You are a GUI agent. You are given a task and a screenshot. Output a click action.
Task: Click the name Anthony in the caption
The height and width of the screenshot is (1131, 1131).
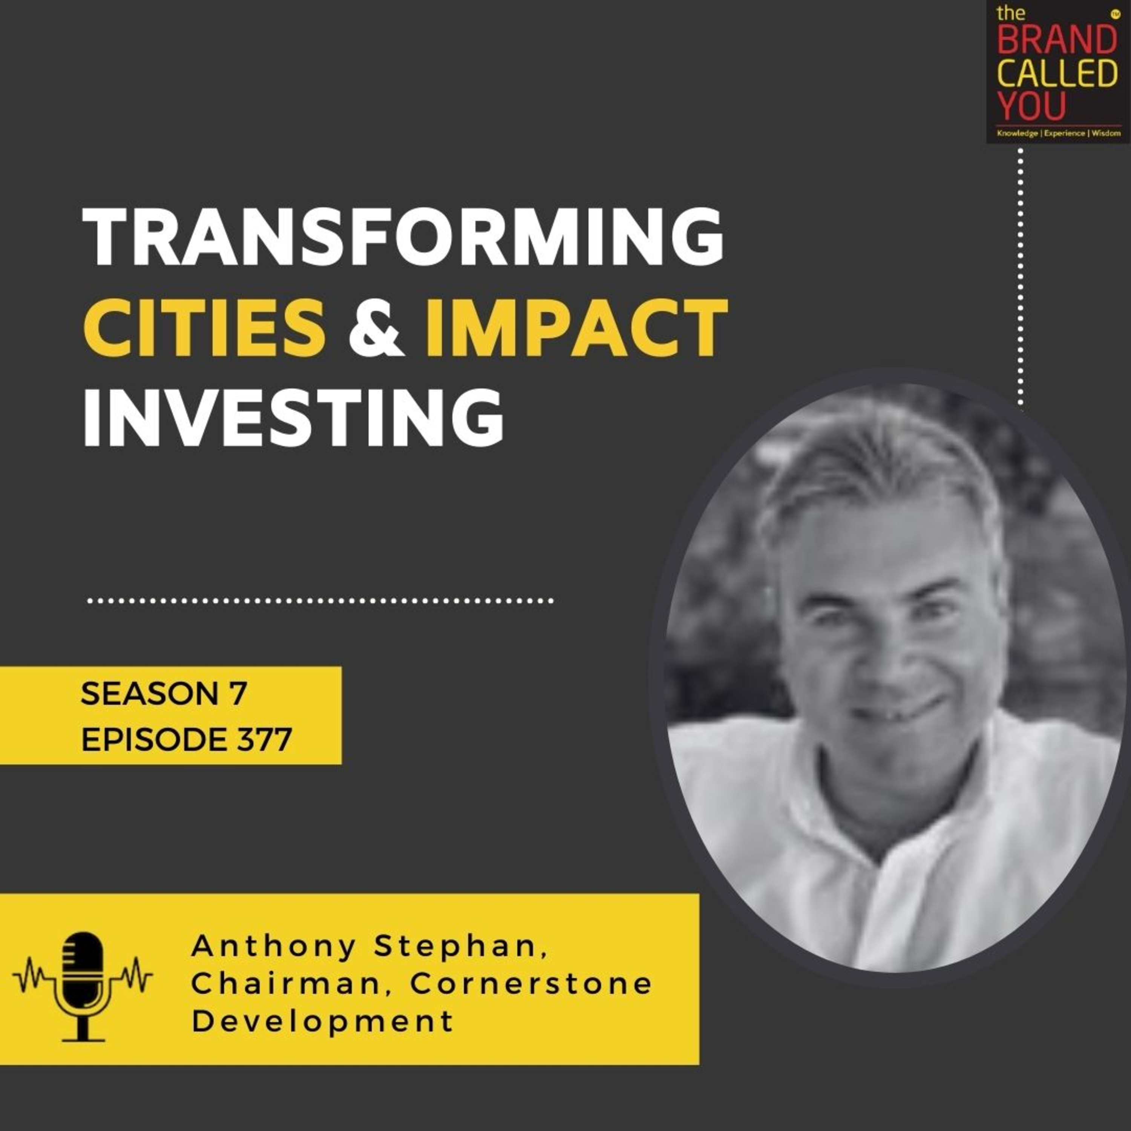click(x=273, y=947)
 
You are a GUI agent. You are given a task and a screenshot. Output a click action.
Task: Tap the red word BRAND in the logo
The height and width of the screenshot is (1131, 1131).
click(x=1057, y=40)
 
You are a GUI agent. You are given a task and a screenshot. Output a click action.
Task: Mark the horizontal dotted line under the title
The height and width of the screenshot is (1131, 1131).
click(x=320, y=601)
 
